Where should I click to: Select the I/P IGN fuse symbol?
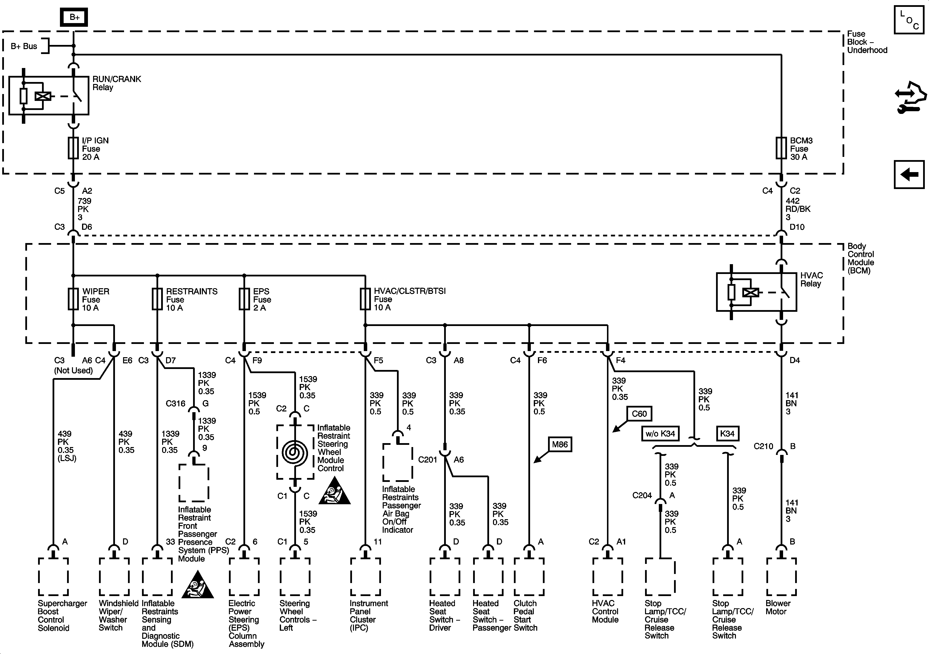click(x=73, y=148)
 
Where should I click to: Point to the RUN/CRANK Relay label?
click(x=116, y=83)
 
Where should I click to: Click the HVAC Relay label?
click(x=811, y=279)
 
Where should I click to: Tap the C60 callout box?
click(x=639, y=414)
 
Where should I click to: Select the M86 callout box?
click(x=560, y=445)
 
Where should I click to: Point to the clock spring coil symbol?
click(x=295, y=452)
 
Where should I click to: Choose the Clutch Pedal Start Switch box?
click(x=529, y=577)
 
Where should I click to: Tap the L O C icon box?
click(x=909, y=19)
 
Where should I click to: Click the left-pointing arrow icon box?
click(x=909, y=175)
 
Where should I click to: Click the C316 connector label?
click(x=176, y=403)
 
